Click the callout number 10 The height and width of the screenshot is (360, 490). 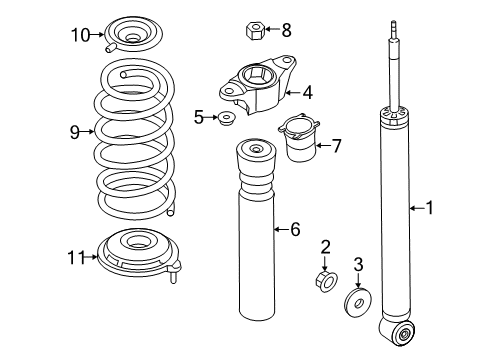tap(80, 35)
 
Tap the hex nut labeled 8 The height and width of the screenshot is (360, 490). tap(255, 31)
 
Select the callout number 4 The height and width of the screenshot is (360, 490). tap(307, 92)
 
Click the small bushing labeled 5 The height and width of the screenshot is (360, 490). tap(227, 118)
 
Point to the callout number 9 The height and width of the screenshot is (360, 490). tap(75, 132)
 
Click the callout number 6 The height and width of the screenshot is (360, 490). tap(295, 229)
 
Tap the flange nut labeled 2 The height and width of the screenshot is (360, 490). tap(326, 282)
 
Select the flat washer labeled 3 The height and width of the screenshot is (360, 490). tap(358, 302)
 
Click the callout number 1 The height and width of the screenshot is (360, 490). tap(430, 208)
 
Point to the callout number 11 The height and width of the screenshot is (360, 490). tap(76, 257)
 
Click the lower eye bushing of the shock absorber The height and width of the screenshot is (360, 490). tap(404, 333)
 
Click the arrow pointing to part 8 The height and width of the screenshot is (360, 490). tap(272, 29)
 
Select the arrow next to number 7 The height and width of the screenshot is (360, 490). tap(322, 145)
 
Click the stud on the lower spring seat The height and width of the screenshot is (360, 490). tap(173, 276)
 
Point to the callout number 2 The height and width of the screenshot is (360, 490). tap(325, 247)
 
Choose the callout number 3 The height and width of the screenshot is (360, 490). tap(358, 264)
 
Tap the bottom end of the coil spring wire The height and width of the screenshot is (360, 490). tap(170, 212)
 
